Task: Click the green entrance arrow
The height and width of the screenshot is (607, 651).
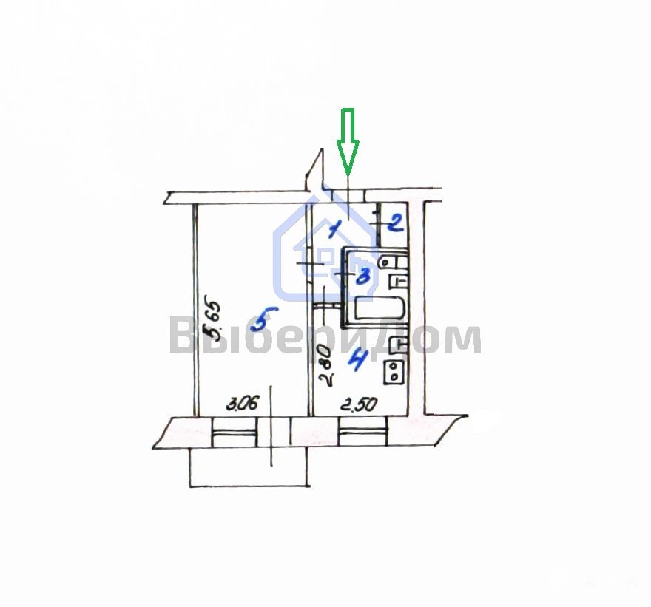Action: pos(348,141)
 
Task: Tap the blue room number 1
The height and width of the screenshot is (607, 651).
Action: pos(334,230)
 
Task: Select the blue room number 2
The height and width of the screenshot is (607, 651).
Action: pos(395,224)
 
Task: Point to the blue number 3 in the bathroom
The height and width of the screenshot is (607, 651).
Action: pos(363,276)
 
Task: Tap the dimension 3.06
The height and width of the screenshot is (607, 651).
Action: pos(242,403)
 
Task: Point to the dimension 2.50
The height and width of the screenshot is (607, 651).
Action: pos(359,404)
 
